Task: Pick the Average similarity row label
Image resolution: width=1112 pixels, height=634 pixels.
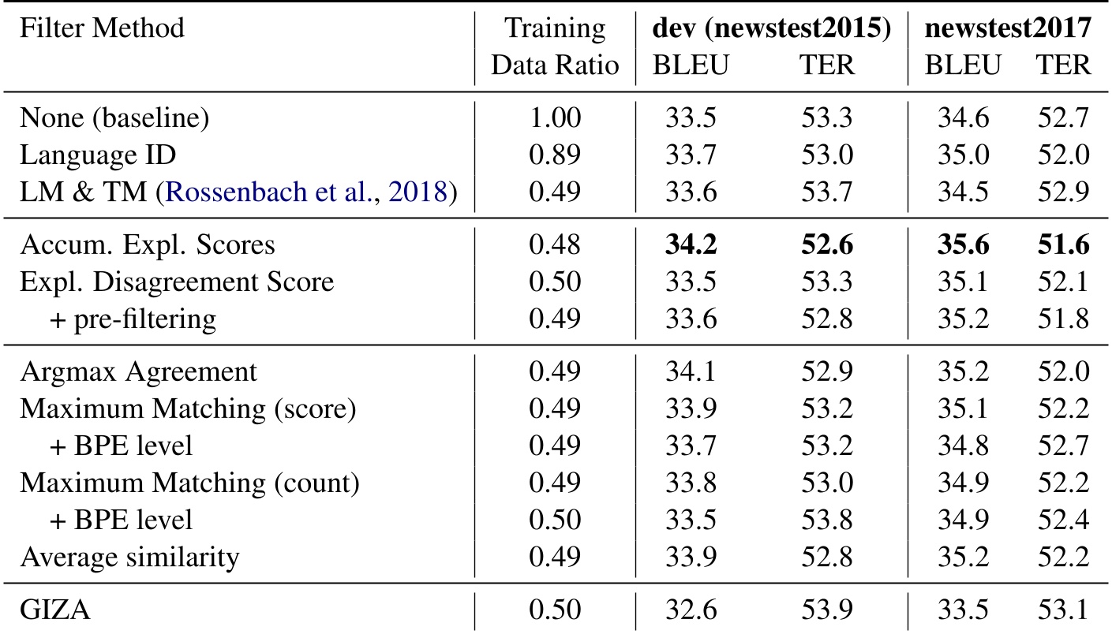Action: (x=129, y=558)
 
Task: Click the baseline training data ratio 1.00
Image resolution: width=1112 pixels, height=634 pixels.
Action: (x=555, y=120)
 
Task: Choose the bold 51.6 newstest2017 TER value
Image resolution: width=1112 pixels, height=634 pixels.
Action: (x=1062, y=245)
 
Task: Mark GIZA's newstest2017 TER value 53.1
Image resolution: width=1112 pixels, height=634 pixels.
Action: (x=1062, y=610)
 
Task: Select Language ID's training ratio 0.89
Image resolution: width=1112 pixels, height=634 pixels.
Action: (x=555, y=156)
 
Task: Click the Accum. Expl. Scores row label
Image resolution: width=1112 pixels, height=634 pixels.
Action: (x=148, y=245)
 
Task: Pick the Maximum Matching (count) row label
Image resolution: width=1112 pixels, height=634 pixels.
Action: (x=189, y=483)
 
